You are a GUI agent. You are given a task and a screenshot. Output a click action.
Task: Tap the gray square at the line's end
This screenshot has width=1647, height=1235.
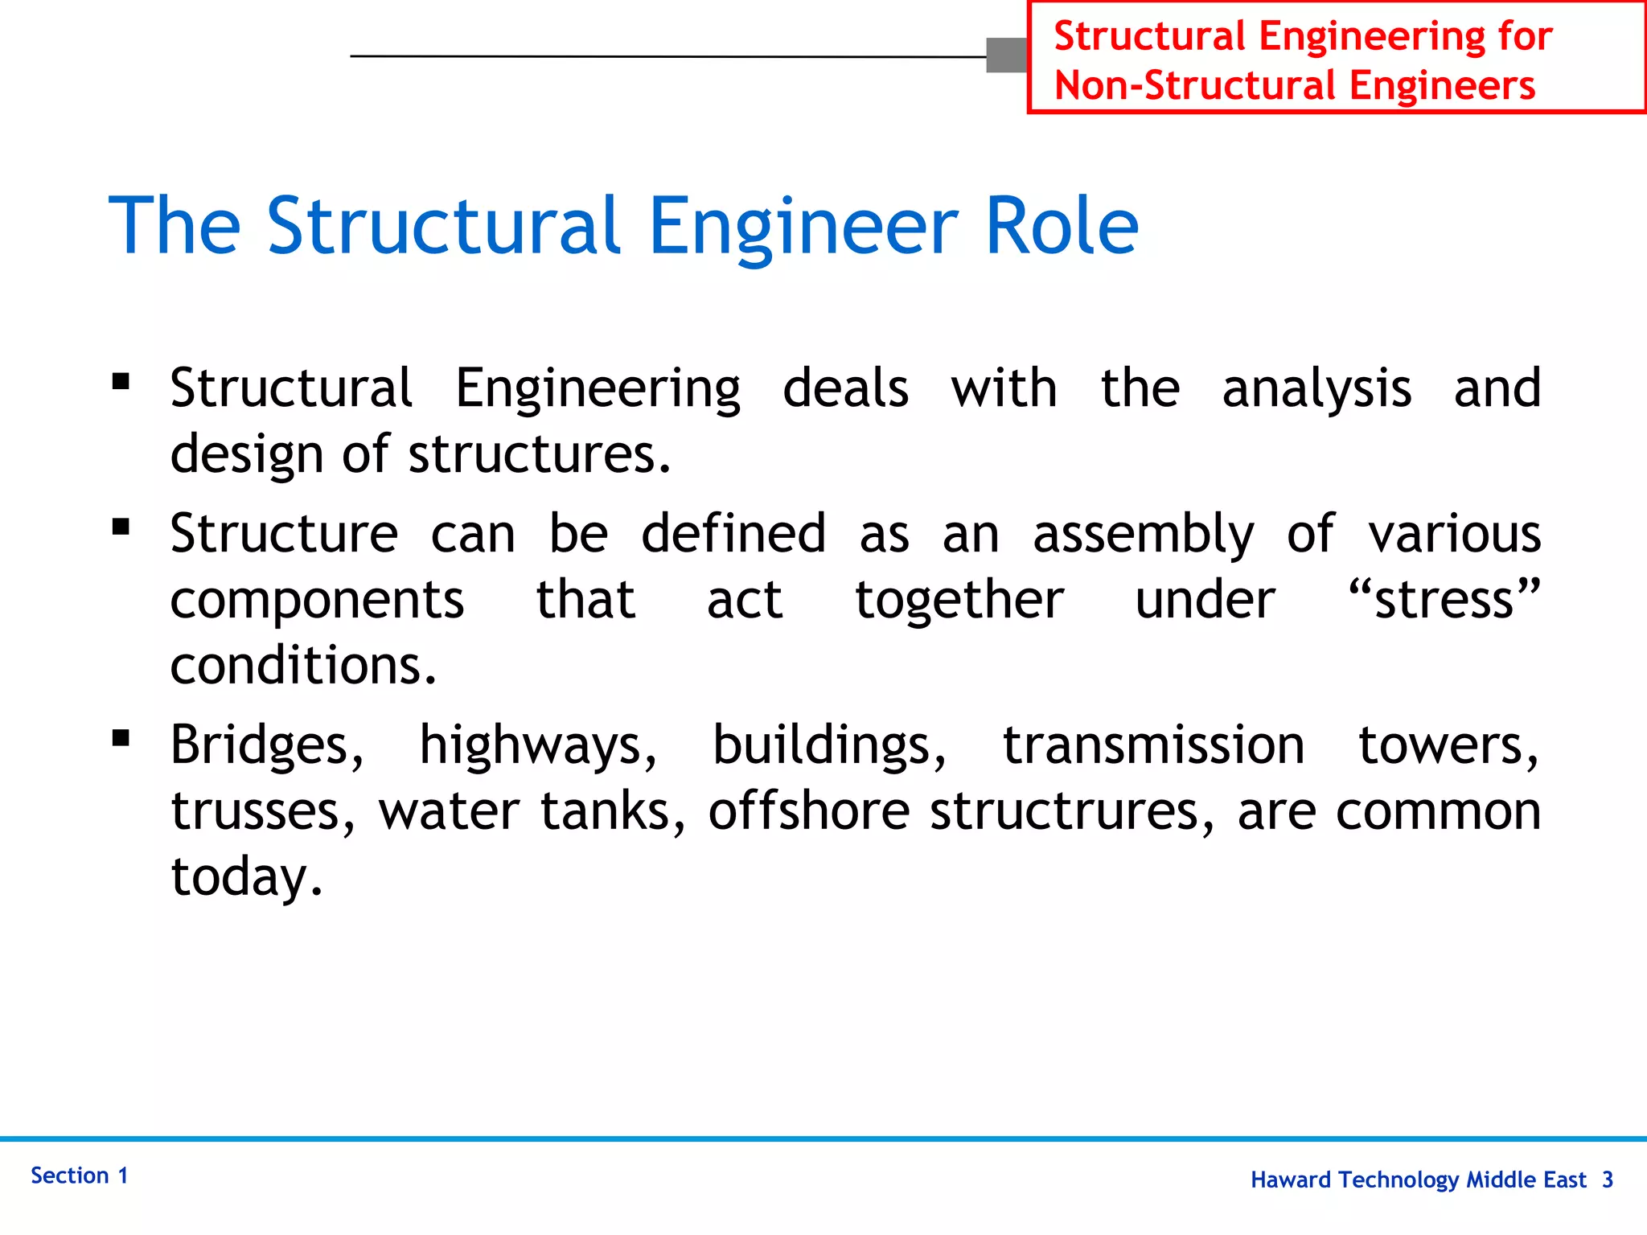tap(1007, 55)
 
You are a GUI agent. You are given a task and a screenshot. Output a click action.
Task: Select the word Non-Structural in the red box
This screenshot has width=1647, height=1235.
tap(1195, 86)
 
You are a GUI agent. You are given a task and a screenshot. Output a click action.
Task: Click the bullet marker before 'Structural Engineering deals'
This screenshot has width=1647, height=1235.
tap(121, 381)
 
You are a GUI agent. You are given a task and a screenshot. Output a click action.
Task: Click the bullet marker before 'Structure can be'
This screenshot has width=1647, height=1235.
tap(121, 527)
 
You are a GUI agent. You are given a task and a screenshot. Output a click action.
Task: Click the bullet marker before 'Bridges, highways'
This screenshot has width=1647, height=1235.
tap(121, 738)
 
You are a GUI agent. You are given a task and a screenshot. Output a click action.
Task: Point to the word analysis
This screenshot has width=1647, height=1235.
tap(1316, 389)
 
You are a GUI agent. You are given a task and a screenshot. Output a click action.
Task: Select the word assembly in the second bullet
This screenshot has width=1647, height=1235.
tap(1143, 535)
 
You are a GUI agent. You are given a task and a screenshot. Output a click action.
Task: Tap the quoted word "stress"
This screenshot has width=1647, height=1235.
tap(1444, 600)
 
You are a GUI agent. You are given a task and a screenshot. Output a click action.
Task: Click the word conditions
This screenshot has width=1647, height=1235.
tap(303, 666)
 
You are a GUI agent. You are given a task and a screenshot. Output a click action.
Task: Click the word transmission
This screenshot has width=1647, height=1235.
tap(1153, 745)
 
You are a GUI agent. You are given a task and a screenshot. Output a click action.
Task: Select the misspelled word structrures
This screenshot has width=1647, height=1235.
tap(1072, 811)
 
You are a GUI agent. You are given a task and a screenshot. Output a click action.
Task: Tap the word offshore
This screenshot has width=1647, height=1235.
tap(809, 811)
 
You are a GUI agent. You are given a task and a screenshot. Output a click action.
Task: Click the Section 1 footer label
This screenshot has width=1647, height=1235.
tap(80, 1176)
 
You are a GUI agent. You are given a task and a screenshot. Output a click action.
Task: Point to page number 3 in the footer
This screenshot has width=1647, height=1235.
tap(1607, 1180)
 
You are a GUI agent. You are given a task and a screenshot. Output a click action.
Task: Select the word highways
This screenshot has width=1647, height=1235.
tap(538, 745)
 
